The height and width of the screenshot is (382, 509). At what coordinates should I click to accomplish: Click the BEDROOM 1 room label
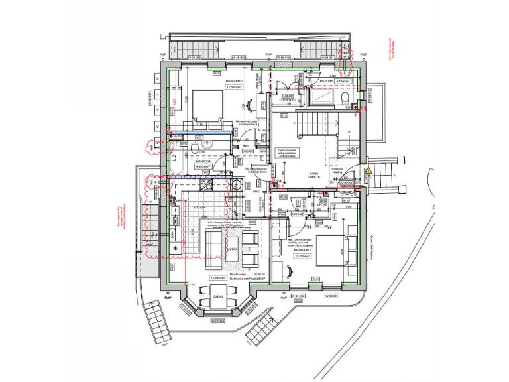[x=235, y=81]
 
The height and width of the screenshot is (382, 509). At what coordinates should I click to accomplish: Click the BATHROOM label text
[x=203, y=160]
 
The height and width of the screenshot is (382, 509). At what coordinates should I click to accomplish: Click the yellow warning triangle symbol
[x=367, y=170]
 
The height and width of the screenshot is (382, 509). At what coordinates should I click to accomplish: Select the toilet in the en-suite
[x=346, y=99]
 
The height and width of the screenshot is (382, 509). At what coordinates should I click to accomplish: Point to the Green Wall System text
[x=372, y=249]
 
